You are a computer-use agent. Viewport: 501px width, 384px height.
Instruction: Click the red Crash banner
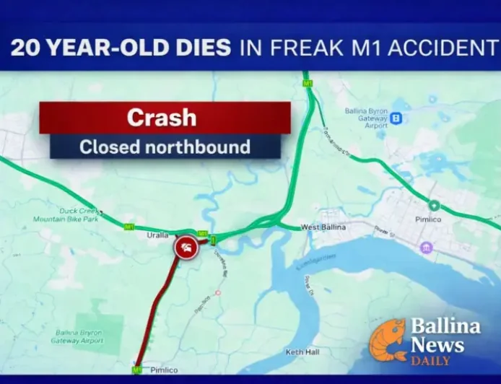click(165, 118)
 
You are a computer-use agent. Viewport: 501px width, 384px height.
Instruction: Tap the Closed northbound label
click(165, 147)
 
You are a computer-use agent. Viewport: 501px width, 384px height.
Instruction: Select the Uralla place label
click(158, 235)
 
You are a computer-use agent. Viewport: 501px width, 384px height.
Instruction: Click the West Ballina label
click(323, 227)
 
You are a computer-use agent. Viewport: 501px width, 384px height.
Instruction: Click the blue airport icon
click(396, 117)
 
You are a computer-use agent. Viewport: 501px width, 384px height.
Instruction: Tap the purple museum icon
click(427, 248)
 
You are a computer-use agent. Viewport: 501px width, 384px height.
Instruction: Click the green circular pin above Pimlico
click(434, 205)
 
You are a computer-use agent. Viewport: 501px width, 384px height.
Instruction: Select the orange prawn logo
click(388, 339)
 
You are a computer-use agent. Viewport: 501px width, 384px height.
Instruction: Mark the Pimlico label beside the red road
click(164, 370)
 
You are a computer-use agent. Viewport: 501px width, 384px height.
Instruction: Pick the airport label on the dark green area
click(79, 336)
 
